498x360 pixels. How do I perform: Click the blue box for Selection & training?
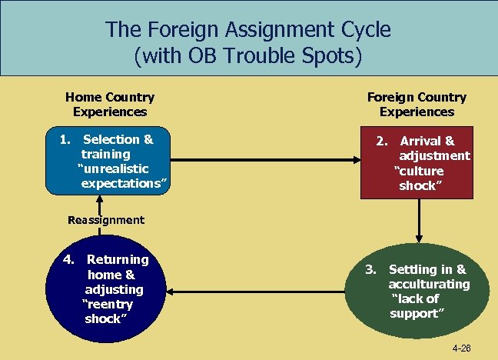[107, 161]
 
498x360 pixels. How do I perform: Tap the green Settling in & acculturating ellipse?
[417, 291]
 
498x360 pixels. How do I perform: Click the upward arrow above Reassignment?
[98, 203]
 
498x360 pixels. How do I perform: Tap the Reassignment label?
[106, 220]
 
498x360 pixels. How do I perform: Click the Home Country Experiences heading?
[110, 105]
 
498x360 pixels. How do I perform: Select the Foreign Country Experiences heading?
[417, 105]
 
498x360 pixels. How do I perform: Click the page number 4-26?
[461, 348]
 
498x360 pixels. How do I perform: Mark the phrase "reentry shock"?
[108, 312]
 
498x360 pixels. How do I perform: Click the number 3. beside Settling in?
[370, 269]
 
